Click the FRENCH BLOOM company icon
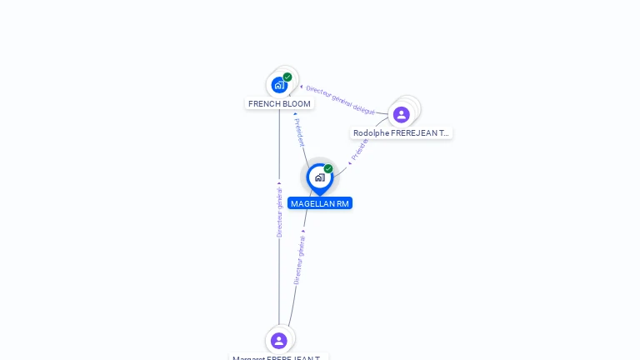(x=279, y=84)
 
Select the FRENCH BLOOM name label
(x=279, y=104)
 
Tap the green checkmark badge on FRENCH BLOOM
(x=287, y=77)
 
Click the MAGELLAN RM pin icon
(x=319, y=177)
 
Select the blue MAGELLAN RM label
(x=320, y=203)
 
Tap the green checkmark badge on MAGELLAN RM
(x=328, y=169)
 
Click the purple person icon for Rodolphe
(x=402, y=114)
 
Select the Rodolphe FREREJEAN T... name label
(x=401, y=133)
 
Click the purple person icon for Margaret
(x=279, y=340)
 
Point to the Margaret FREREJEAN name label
(x=279, y=357)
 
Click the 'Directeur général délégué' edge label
(x=340, y=99)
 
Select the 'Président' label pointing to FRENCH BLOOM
(x=299, y=132)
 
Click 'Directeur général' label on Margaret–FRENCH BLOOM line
(x=279, y=212)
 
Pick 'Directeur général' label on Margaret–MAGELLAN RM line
(x=299, y=259)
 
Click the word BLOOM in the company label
(x=296, y=104)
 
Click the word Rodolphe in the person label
(x=371, y=133)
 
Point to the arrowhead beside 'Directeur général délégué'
(x=301, y=86)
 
